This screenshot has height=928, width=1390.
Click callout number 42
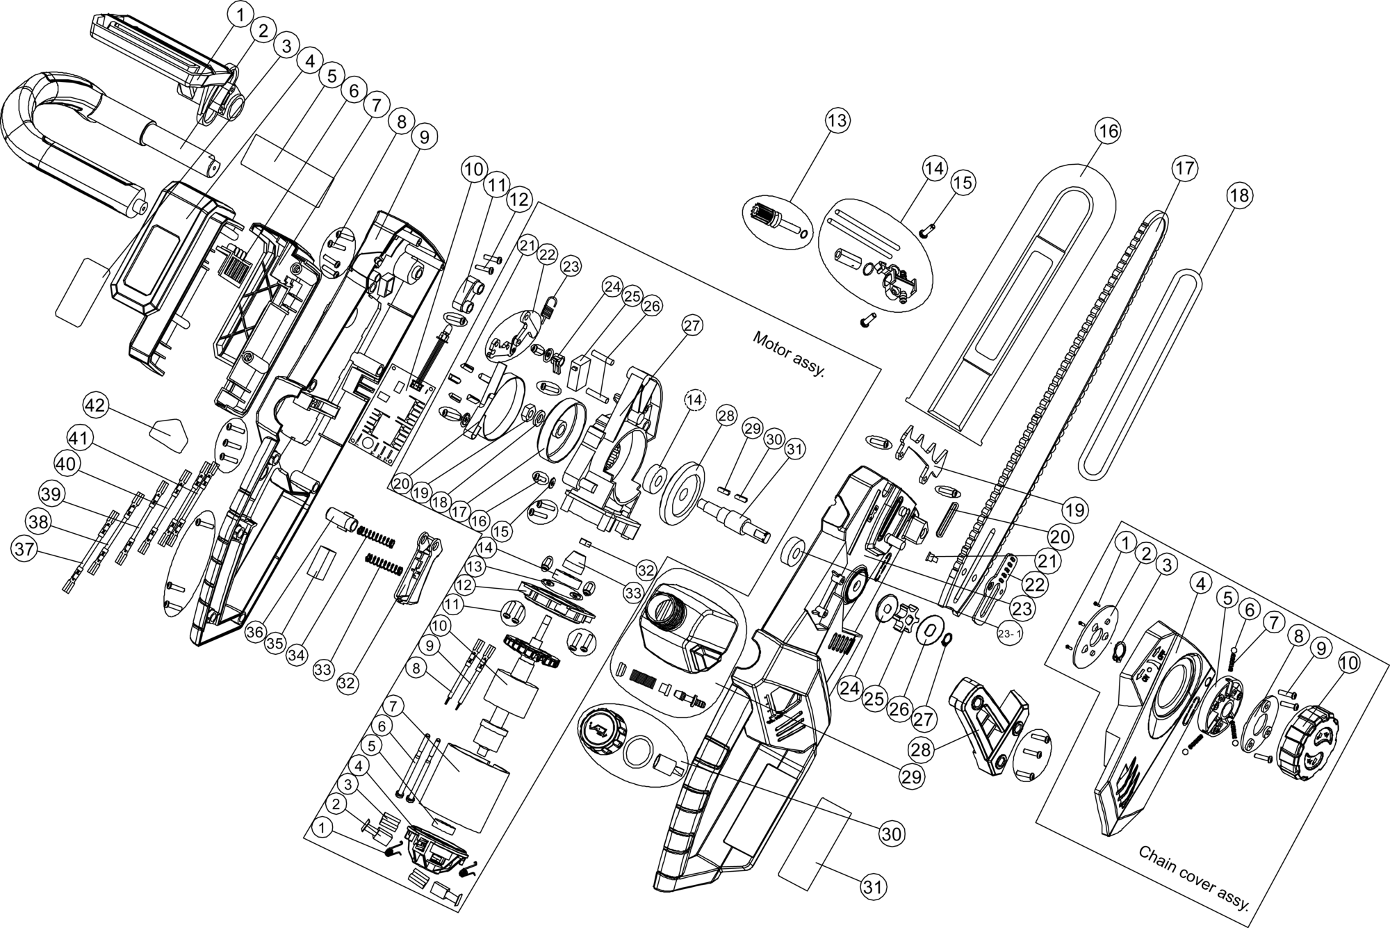pyautogui.click(x=96, y=405)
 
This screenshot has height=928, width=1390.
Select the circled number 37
pyautogui.click(x=24, y=549)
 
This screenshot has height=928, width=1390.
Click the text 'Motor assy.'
pyautogui.click(x=789, y=355)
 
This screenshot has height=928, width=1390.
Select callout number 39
pyautogui.click(x=51, y=495)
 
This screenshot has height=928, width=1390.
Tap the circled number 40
pyautogui.click(x=67, y=463)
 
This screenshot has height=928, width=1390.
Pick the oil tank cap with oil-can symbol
pyautogui.click(x=603, y=731)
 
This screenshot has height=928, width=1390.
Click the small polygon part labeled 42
pyautogui.click(x=169, y=434)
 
